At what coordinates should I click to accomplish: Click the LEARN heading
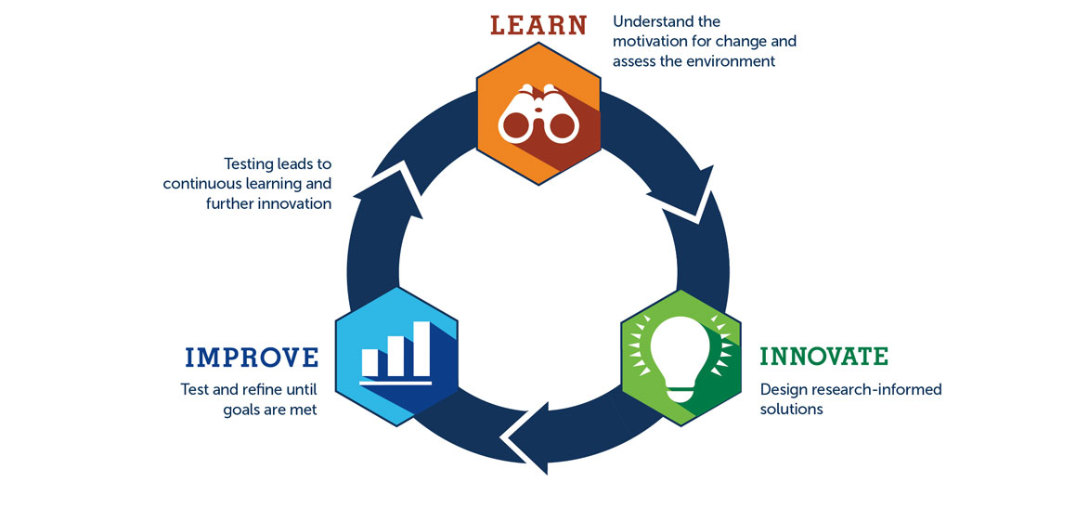[x=538, y=24]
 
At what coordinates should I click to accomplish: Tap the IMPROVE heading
[x=252, y=358]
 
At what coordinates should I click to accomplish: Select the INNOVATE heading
[x=823, y=357]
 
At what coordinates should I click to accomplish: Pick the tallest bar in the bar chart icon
[x=421, y=347]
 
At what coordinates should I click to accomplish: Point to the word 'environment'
[x=731, y=61]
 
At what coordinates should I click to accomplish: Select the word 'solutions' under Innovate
[x=791, y=410]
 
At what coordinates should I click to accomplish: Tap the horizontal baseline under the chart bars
[x=395, y=382]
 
